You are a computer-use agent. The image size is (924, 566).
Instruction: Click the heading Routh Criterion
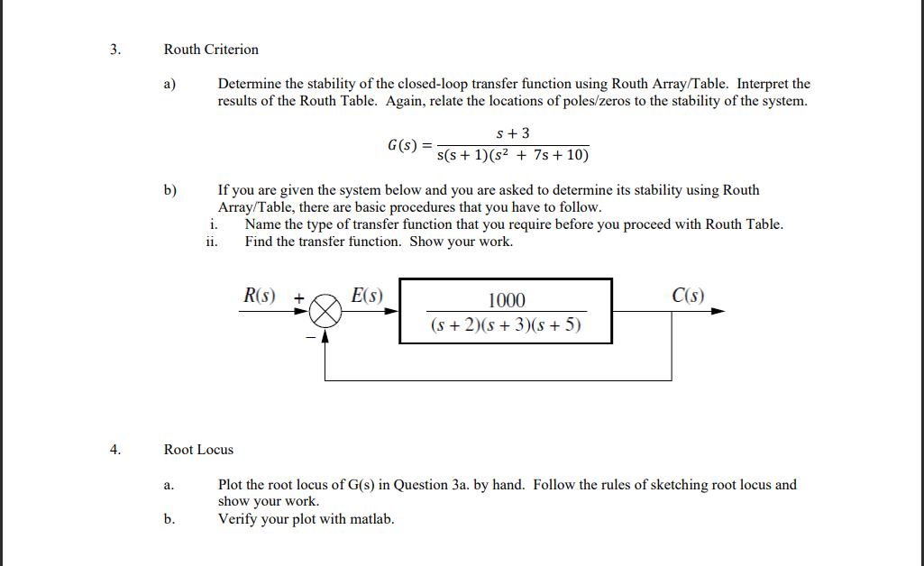[211, 50]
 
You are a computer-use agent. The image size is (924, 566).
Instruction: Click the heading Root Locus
[198, 450]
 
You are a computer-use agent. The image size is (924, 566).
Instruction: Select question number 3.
[114, 50]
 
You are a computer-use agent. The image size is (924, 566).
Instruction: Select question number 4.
[114, 450]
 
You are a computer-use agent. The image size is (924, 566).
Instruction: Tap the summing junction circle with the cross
[325, 312]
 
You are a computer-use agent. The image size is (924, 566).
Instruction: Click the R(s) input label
[261, 295]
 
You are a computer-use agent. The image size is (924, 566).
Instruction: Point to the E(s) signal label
[366, 295]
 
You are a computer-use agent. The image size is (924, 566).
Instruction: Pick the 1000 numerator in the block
[507, 301]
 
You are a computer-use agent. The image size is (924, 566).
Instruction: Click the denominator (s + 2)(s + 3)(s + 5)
[506, 324]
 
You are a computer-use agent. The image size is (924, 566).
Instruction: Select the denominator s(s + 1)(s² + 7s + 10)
[512, 156]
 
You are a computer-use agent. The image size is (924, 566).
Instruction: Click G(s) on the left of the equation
[403, 145]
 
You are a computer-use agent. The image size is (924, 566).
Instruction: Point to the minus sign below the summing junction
[308, 338]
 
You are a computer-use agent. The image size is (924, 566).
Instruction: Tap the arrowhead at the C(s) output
[718, 311]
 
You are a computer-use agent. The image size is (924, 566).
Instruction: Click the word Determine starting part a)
[249, 84]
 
